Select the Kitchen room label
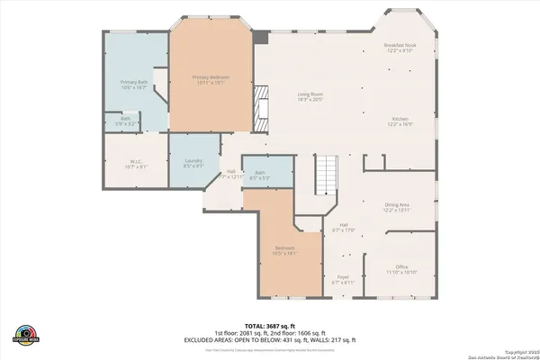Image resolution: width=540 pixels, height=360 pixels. click(x=400, y=121)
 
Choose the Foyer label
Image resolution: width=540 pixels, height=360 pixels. click(x=343, y=279)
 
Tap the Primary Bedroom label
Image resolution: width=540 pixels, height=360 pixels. click(x=211, y=80)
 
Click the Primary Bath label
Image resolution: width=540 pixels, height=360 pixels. click(x=134, y=85)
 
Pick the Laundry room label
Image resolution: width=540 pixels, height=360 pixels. click(x=194, y=163)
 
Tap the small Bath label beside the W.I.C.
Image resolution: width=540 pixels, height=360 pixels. click(x=118, y=121)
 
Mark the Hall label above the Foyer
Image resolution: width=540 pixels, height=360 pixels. click(x=343, y=228)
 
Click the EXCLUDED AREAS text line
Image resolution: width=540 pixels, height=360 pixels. click(x=283, y=339)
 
